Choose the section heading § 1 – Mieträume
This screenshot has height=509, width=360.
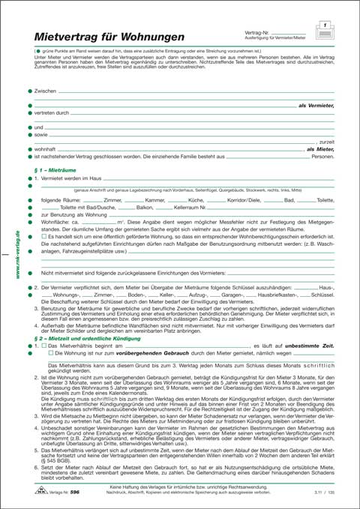coord(55,171)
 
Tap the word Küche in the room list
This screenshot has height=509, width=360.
coord(196,201)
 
